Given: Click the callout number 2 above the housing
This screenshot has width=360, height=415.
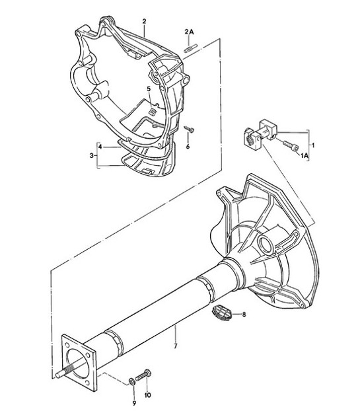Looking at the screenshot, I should pyautogui.click(x=144, y=22).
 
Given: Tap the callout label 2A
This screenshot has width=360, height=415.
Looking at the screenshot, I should pyautogui.click(x=189, y=31).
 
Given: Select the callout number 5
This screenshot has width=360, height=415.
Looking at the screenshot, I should pyautogui.click(x=149, y=89).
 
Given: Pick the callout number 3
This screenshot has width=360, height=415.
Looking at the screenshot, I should pyautogui.click(x=91, y=155).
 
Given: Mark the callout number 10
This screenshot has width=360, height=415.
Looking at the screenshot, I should pyautogui.click(x=147, y=396).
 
